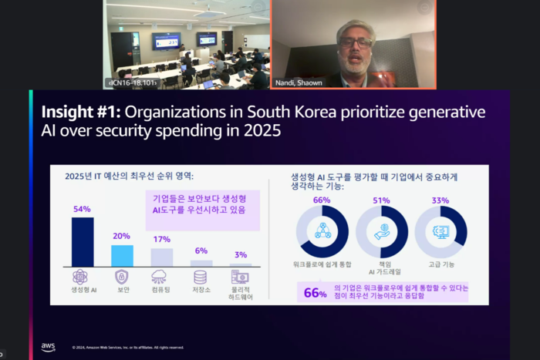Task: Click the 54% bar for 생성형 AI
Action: tap(83, 241)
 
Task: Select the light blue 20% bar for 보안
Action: tap(122, 255)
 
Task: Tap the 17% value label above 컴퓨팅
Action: tap(161, 239)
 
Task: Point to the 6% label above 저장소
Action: tap(201, 251)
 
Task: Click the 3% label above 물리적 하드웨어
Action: tap(240, 254)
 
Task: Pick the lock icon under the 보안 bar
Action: tap(122, 277)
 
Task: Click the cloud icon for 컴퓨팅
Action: tap(161, 277)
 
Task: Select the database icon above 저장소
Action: tap(201, 277)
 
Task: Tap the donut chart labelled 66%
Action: tap(322, 231)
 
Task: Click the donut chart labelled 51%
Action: tap(381, 231)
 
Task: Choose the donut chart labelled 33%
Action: tap(440, 231)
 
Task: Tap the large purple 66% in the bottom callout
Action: tap(315, 292)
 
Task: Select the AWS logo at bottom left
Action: tap(48, 347)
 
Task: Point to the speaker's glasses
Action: tap(356, 41)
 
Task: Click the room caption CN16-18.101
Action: tap(132, 82)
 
